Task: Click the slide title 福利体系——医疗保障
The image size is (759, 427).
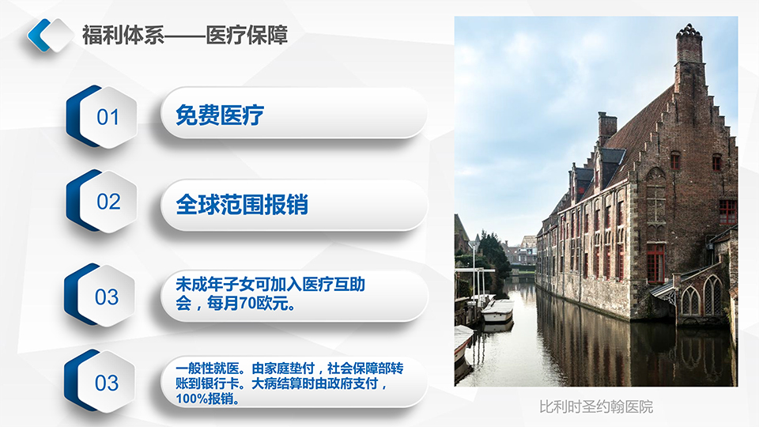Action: [185, 36]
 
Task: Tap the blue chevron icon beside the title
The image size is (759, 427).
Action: [39, 35]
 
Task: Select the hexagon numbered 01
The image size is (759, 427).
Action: [102, 117]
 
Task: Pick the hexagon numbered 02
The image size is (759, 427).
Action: [102, 201]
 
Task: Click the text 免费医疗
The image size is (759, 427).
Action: [219, 115]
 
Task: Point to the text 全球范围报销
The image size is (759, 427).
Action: [242, 204]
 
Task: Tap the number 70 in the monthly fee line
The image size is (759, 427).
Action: [247, 304]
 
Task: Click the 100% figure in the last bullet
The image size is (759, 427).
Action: [191, 399]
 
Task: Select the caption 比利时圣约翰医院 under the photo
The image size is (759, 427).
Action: [596, 406]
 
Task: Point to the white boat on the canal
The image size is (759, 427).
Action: [497, 310]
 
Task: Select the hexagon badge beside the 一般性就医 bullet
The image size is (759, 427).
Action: [100, 381]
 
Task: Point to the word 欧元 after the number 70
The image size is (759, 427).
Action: [271, 304]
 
